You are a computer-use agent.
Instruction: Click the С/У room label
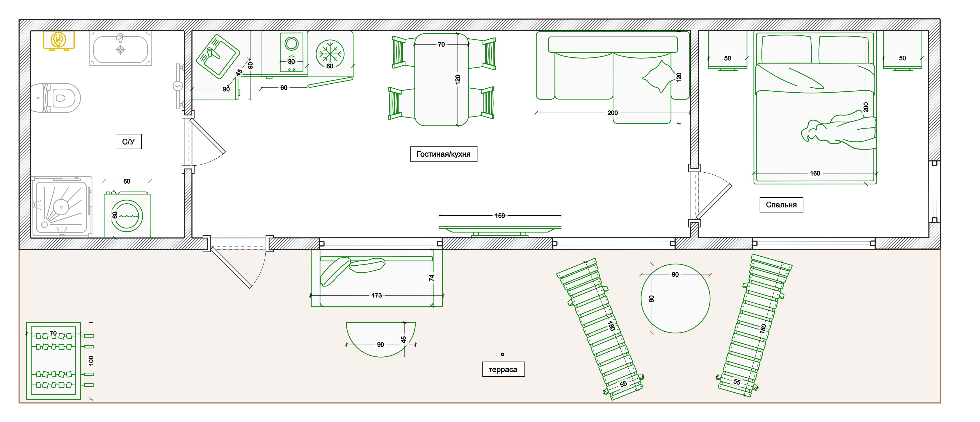pyautogui.click(x=129, y=141)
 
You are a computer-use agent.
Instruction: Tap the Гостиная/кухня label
pyautogui.click(x=444, y=154)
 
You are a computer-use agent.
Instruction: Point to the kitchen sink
pyautogui.click(x=218, y=57)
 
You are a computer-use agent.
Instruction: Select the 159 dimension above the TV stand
pyautogui.click(x=500, y=216)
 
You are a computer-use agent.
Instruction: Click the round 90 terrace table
pyautogui.click(x=675, y=298)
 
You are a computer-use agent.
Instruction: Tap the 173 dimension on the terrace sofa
pyautogui.click(x=377, y=295)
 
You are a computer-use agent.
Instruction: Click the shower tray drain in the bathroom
pyautogui.click(x=61, y=207)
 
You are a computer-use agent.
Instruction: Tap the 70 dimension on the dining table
pyautogui.click(x=441, y=45)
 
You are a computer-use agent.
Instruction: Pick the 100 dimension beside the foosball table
pyautogui.click(x=91, y=360)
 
